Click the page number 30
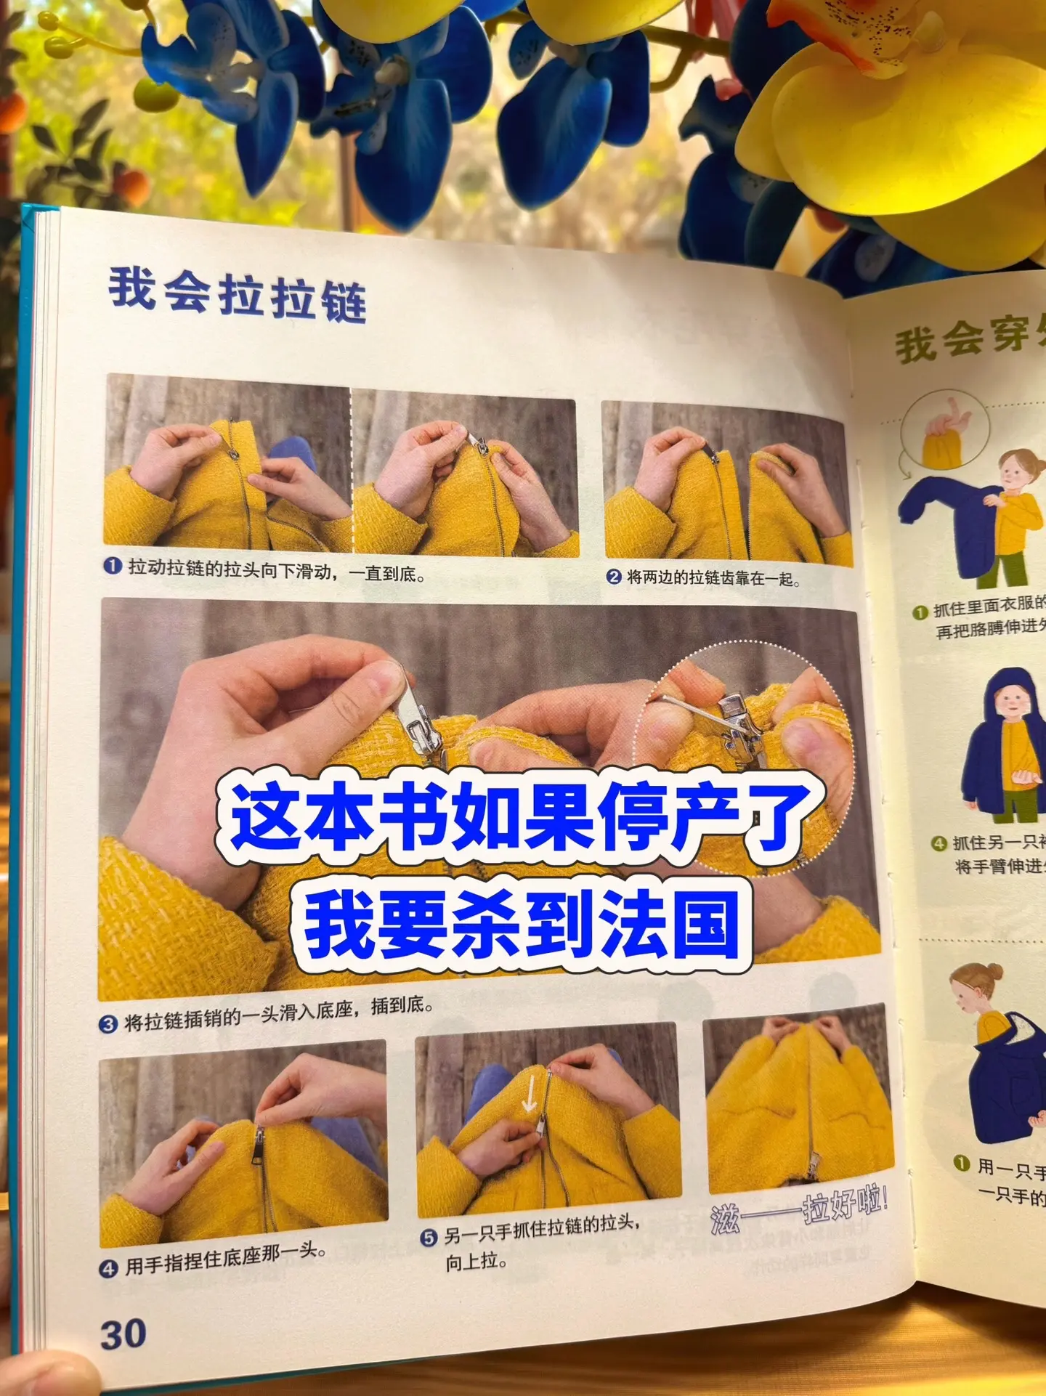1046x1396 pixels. (123, 1334)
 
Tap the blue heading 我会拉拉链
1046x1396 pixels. (238, 293)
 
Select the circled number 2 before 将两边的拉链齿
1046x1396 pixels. (614, 577)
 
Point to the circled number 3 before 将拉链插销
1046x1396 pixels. (108, 1024)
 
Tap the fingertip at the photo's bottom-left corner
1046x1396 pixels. (44, 1373)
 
